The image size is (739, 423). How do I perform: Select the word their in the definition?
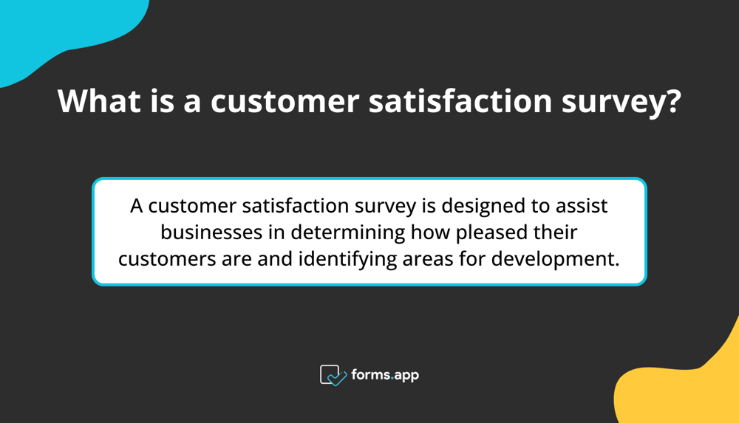[x=555, y=233]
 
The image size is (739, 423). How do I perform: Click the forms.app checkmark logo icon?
[x=333, y=375]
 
